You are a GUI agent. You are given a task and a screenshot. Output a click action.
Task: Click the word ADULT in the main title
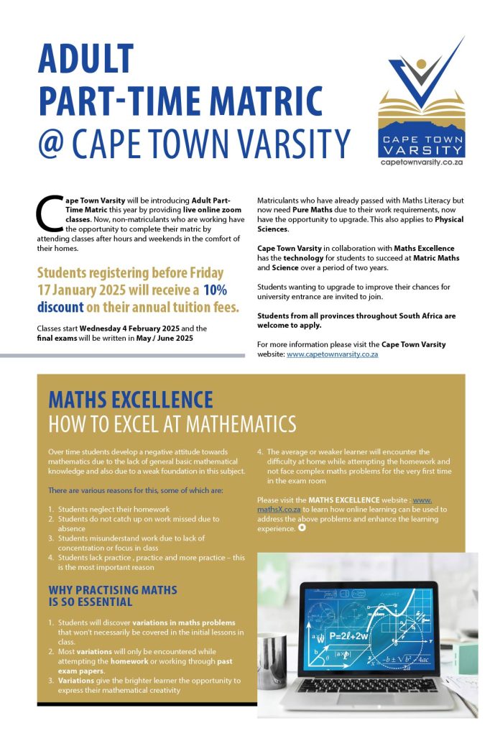[x=86, y=60]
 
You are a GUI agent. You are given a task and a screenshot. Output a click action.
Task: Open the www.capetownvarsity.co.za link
[x=332, y=354]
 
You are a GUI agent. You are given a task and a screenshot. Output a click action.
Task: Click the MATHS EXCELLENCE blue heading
[x=130, y=400]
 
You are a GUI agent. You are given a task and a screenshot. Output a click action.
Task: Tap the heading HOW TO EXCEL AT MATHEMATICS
[x=172, y=424]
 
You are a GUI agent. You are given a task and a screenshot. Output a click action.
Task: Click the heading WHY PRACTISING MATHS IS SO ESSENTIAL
[x=112, y=596]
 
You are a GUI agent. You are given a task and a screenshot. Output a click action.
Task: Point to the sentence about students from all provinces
[x=356, y=321]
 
